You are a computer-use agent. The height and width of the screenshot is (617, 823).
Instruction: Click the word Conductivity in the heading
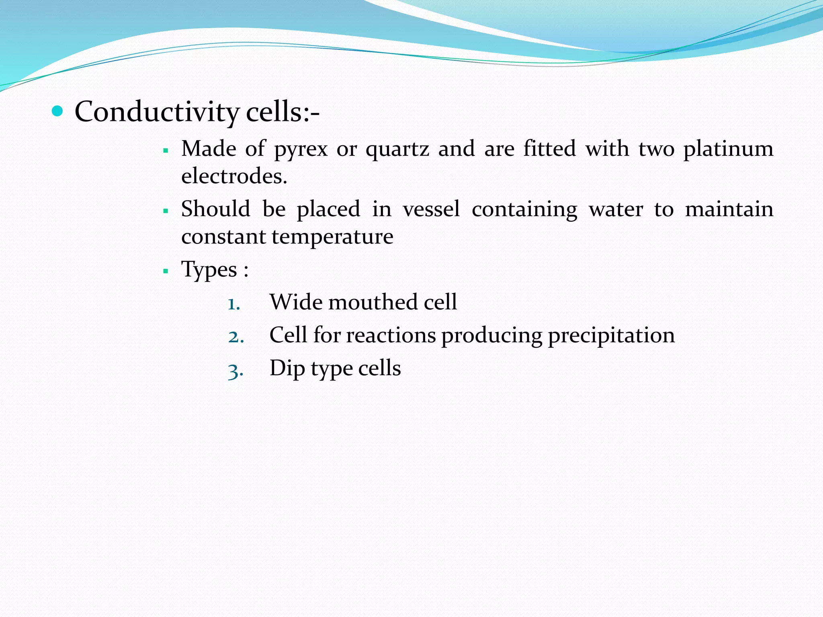[157, 112]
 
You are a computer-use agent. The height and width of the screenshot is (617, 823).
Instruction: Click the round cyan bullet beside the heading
[58, 111]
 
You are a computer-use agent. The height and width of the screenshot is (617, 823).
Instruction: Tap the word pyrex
[301, 149]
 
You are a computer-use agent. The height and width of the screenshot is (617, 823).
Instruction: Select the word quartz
[397, 149]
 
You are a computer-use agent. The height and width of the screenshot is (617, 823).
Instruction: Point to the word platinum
[728, 149]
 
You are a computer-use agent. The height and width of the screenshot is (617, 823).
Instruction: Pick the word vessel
[431, 209]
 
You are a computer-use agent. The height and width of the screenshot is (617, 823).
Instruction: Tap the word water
[616, 209]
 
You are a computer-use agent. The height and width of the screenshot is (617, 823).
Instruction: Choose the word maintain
[729, 209]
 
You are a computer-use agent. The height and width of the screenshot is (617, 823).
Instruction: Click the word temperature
[332, 237]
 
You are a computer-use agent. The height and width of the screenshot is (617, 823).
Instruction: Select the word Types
[209, 270]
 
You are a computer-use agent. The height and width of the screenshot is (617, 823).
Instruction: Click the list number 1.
[233, 304]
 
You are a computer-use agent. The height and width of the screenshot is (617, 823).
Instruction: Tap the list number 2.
[235, 337]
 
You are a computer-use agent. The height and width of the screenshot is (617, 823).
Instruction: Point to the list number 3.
[235, 370]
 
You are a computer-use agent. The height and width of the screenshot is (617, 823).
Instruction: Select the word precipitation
[611, 335]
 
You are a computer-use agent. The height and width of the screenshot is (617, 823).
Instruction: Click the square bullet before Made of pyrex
[166, 151]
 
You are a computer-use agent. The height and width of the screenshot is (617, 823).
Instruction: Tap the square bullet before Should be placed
[166, 211]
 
